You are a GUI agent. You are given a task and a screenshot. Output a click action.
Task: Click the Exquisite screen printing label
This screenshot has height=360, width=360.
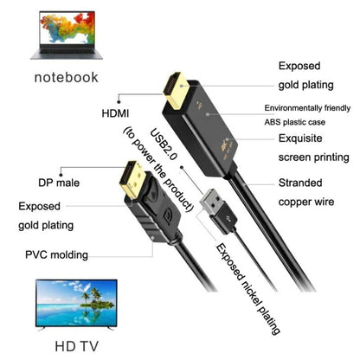click(311, 147)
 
